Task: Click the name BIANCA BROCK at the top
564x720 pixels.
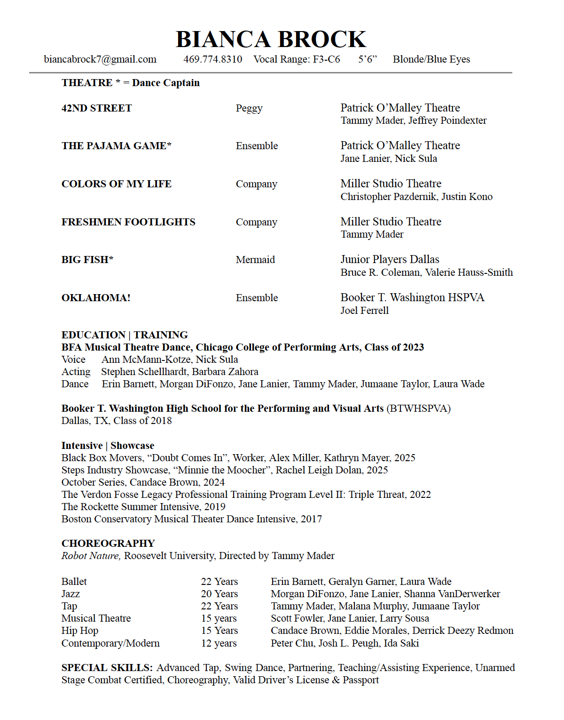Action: [271, 40]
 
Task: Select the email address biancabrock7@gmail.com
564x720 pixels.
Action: [100, 59]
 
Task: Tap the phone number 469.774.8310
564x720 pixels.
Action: [212, 59]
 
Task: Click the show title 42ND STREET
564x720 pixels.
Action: [97, 108]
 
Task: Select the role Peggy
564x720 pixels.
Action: [249, 108]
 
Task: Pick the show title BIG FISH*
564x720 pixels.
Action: [87, 260]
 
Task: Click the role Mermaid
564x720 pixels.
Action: [255, 260]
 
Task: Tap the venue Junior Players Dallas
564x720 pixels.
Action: [390, 259]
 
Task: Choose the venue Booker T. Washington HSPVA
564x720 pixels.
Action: [412, 297]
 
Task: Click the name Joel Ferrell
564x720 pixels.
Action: [364, 311]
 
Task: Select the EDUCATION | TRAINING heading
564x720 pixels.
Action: [125, 335]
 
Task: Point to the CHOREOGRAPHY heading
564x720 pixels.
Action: [108, 544]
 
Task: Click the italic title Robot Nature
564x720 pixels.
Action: [91, 556]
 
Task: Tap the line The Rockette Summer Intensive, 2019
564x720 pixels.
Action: [143, 507]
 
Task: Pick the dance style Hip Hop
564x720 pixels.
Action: [80, 631]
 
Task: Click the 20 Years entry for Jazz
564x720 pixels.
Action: [219, 594]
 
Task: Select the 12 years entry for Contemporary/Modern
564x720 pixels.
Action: [219, 643]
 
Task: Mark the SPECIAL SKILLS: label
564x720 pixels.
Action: [107, 668]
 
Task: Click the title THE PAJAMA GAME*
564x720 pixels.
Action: [117, 146]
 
